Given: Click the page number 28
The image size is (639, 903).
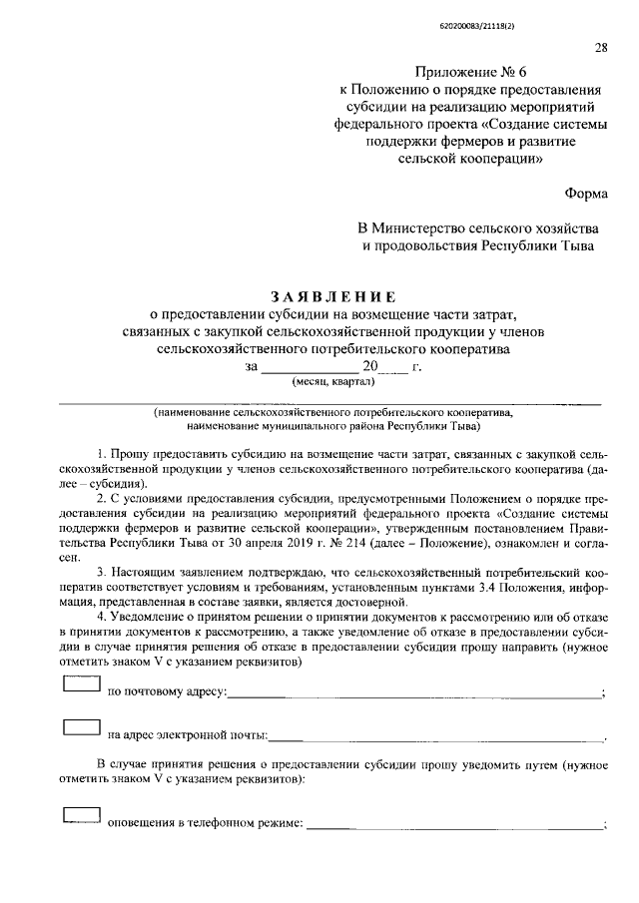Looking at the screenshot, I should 601,47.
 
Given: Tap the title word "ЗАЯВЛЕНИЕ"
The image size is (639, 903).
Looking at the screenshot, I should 334,297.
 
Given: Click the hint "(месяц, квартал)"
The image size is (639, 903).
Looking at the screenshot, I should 332,382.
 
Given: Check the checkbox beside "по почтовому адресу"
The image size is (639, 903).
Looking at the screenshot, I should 81,683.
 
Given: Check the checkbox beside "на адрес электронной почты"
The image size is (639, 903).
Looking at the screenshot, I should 81,729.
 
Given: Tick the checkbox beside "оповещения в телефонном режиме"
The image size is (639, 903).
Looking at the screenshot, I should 81,816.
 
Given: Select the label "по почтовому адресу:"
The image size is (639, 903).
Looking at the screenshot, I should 167,691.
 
